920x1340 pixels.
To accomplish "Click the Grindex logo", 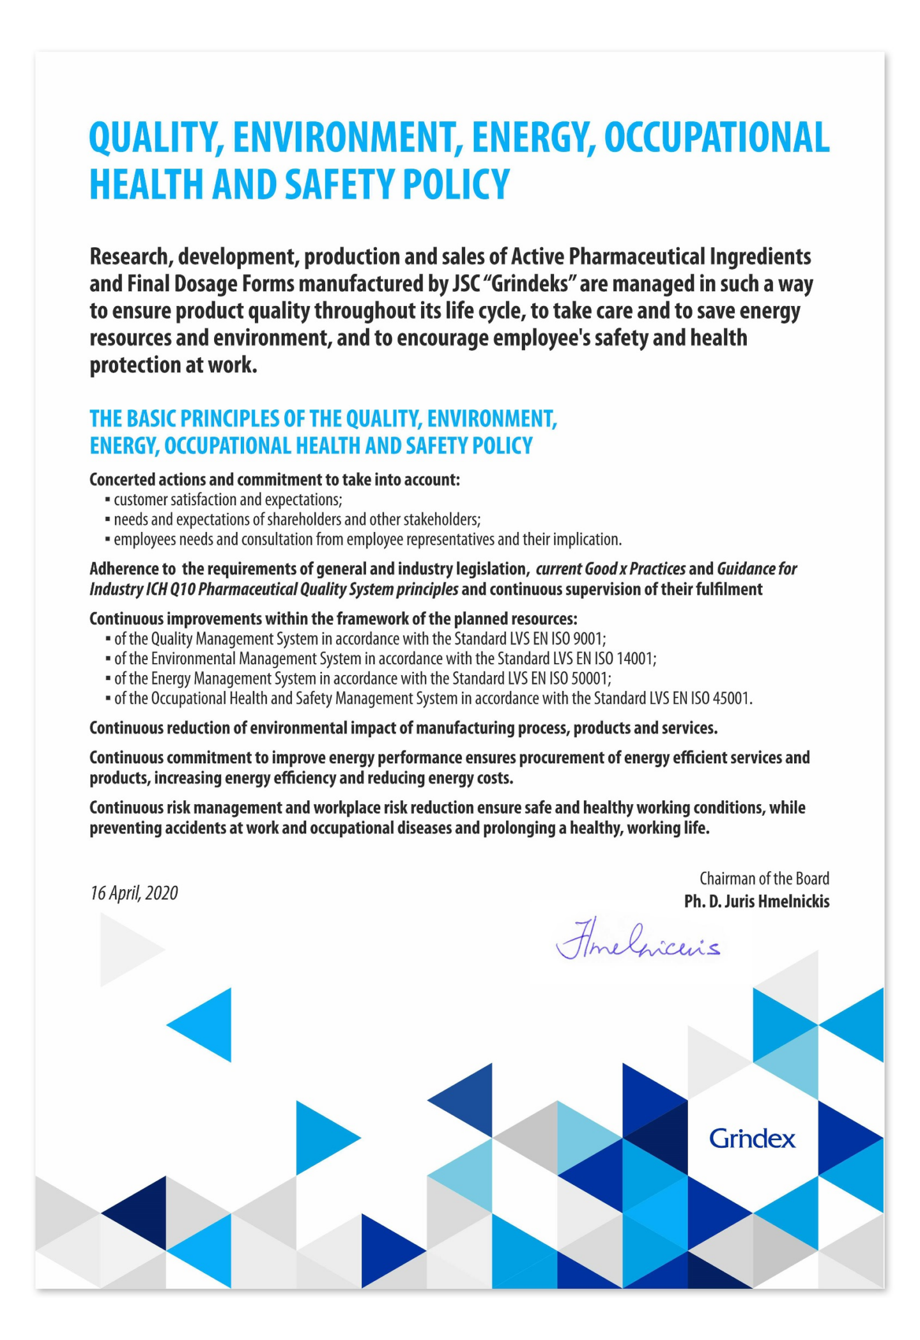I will click(x=752, y=1139).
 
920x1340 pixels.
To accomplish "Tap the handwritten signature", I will click(x=638, y=941).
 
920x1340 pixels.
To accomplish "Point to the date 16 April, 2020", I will click(x=134, y=893).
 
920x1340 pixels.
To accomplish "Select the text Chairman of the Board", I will click(x=764, y=879).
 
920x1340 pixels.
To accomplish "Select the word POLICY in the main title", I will click(x=456, y=184).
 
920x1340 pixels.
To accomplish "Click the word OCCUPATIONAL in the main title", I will click(x=717, y=137).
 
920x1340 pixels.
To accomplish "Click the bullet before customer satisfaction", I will click(x=108, y=500).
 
